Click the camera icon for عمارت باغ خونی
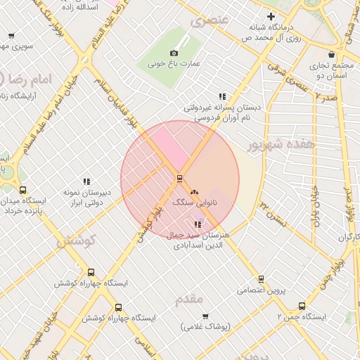174,53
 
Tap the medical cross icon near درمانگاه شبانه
271,16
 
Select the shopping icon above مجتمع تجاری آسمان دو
331,54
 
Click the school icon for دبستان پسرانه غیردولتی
222,96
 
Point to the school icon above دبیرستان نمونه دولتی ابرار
87,181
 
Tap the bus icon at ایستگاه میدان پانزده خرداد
23,190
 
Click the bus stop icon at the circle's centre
180,178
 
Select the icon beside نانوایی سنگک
195,191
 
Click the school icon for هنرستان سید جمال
197,224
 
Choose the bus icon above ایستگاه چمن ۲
302,306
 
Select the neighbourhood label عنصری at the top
209,19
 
